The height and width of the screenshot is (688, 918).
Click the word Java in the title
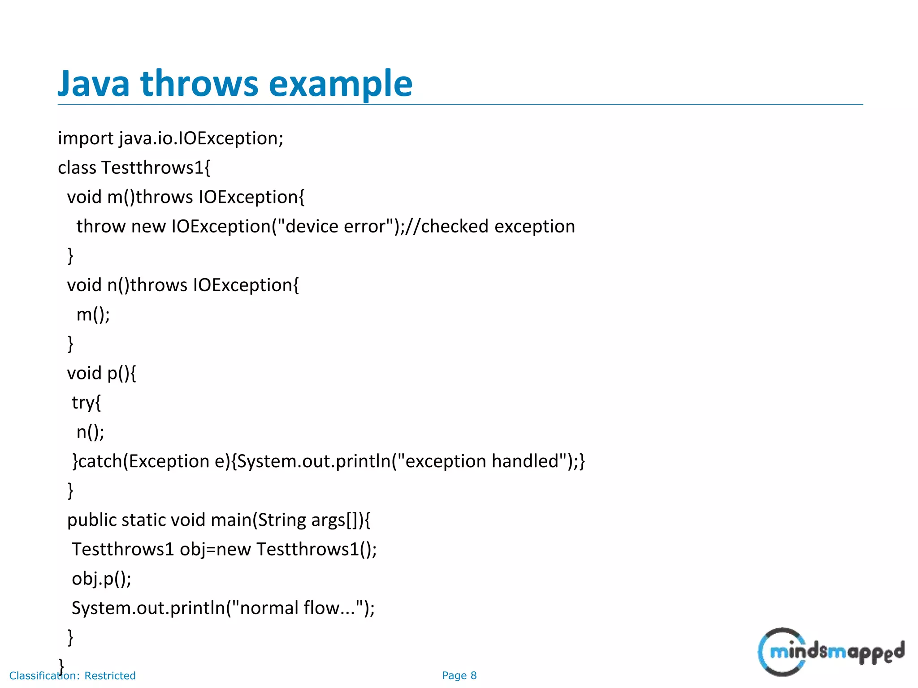tap(94, 84)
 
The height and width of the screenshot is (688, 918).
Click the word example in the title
tap(340, 84)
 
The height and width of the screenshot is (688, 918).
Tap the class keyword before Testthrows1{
tap(77, 168)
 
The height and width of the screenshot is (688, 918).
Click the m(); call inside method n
tap(93, 314)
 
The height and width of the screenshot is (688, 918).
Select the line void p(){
tap(101, 373)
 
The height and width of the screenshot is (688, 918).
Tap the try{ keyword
tap(86, 403)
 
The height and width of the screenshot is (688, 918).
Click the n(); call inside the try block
tap(90, 432)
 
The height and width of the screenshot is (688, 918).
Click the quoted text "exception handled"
tap(481, 461)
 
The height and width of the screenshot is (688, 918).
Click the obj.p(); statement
tap(101, 579)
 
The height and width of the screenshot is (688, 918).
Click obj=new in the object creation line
tap(215, 550)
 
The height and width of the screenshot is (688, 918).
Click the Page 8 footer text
tap(459, 675)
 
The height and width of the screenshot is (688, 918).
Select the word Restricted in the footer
tap(110, 675)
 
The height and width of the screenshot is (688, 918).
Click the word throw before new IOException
tap(101, 227)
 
